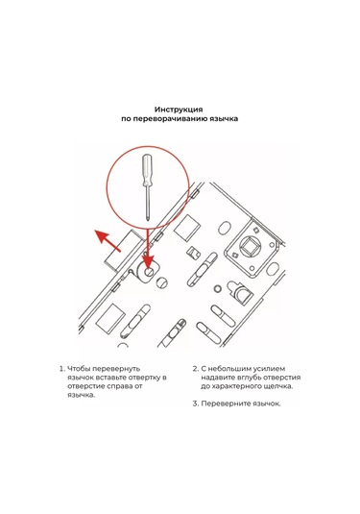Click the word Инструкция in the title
(179, 110)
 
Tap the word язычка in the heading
(225, 119)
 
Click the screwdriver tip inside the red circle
(148, 217)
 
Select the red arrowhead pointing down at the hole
(149, 261)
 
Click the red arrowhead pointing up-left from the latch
(101, 236)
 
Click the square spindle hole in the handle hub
(250, 246)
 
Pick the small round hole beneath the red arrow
(150, 272)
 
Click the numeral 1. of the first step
(62, 369)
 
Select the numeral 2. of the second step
(196, 369)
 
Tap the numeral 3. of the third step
(196, 404)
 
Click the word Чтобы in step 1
(78, 369)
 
